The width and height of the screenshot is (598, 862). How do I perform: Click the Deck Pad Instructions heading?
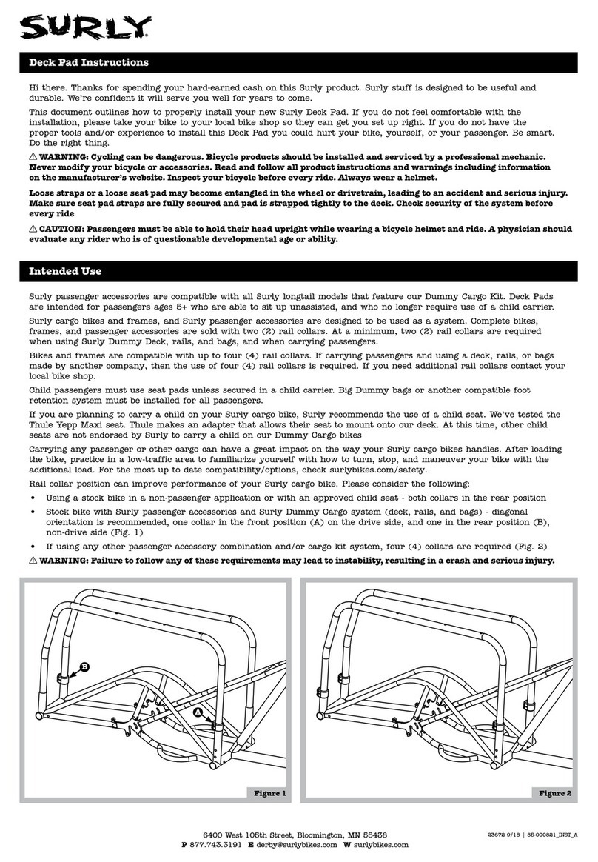point(88,63)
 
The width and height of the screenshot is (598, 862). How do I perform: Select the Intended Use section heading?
point(65,272)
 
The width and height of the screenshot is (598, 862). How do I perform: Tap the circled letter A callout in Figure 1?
point(198,710)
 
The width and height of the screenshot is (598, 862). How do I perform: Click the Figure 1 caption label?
point(269,793)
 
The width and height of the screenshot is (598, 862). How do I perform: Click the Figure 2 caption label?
point(554,793)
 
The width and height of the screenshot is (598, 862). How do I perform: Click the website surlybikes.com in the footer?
point(381,845)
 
